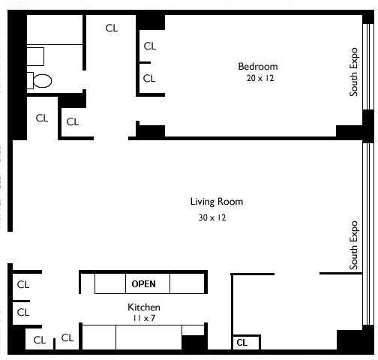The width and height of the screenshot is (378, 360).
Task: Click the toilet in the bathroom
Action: coord(40,81)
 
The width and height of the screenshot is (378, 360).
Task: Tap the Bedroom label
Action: coord(258,67)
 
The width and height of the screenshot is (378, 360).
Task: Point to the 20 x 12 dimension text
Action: coord(260,78)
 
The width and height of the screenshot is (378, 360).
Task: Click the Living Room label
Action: coord(217,202)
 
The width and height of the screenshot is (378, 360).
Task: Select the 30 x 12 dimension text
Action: coord(212,217)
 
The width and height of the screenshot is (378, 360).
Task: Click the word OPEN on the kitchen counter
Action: coord(143,284)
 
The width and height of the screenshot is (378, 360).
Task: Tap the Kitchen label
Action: coord(144,307)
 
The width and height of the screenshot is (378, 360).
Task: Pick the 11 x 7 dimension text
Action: coord(144,318)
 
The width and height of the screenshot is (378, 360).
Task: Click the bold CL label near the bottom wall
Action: coord(242,343)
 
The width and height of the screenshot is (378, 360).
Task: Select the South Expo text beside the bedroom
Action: coord(353,72)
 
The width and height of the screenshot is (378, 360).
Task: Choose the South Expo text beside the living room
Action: coord(353,245)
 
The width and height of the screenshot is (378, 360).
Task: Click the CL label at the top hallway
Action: coord(112,28)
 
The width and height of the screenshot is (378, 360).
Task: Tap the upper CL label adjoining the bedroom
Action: coord(150,46)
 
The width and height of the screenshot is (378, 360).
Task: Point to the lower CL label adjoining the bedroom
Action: coord(149,79)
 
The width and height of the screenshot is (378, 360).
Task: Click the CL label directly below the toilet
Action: coord(42,118)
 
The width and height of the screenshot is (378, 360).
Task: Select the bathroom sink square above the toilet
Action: coord(35,56)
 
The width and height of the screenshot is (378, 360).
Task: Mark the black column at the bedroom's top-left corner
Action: coord(150,22)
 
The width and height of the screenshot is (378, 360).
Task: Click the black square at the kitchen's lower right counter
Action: coord(193,343)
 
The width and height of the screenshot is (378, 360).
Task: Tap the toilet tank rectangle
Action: coord(30,80)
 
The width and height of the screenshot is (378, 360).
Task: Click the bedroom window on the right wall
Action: coord(368,67)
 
